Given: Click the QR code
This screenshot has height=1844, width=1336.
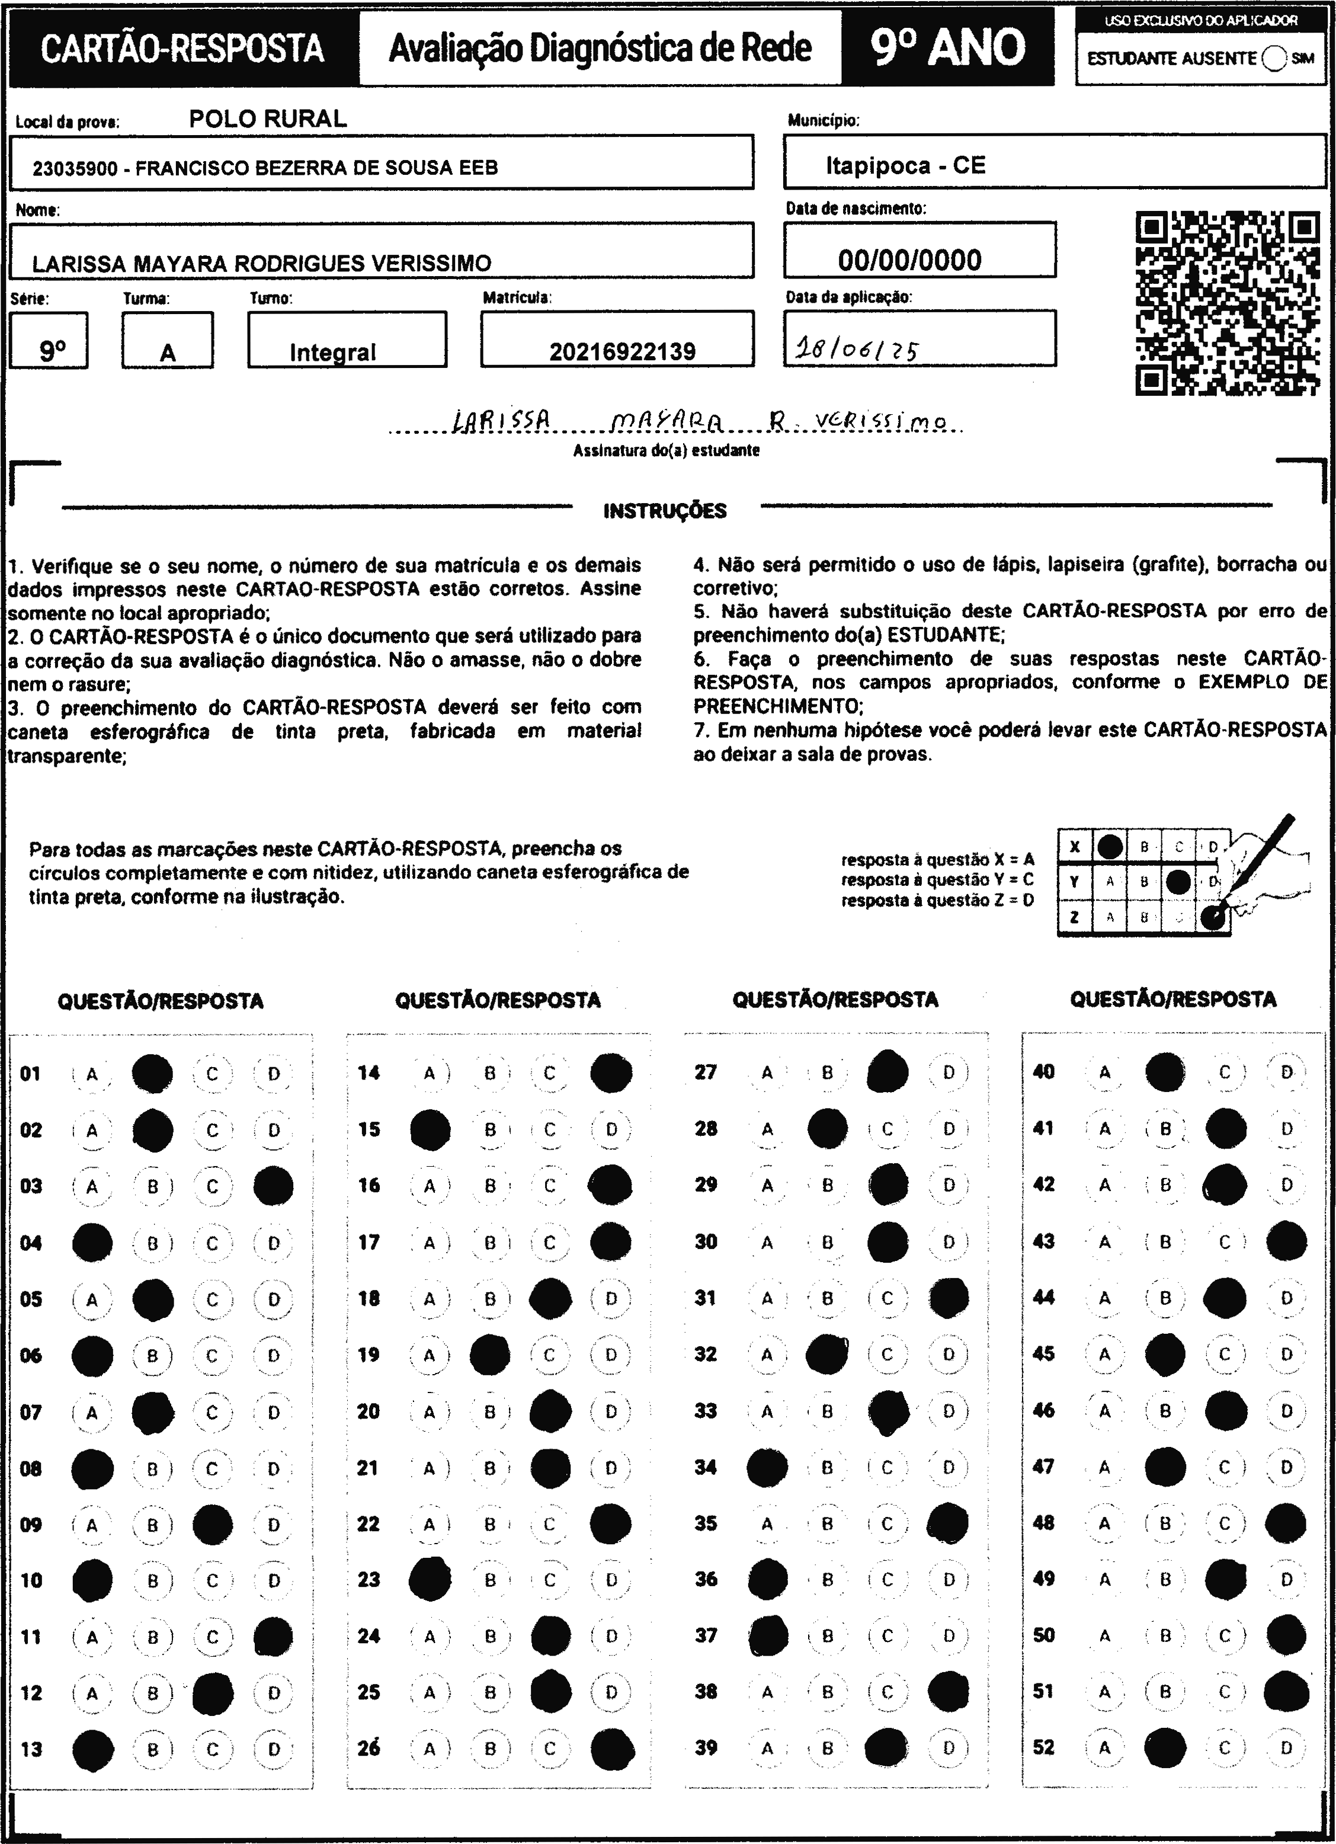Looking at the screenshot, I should (1226, 303).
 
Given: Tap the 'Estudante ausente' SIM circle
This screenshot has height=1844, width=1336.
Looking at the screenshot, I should (1274, 59).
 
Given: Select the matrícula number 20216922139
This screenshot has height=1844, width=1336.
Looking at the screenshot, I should (622, 351).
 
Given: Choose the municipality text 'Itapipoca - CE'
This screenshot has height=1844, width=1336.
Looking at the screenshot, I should (905, 166).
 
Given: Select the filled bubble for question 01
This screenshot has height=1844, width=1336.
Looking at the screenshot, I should (152, 1073).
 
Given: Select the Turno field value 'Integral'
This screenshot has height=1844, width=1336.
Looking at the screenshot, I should (332, 352).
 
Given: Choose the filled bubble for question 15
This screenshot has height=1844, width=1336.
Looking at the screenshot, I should (430, 1129).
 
